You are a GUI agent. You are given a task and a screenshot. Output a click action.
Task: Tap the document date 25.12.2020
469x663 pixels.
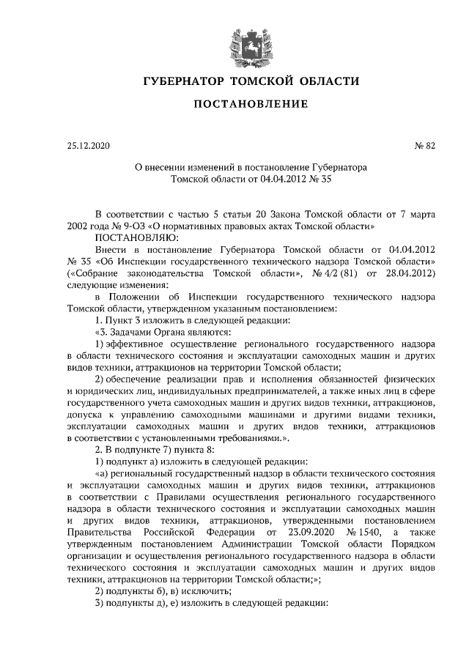click(x=86, y=146)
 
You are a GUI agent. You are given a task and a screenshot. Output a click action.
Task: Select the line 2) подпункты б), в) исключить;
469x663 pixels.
click(x=163, y=590)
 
